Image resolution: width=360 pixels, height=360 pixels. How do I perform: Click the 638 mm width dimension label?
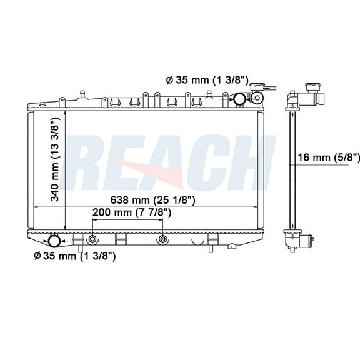(x=149, y=200)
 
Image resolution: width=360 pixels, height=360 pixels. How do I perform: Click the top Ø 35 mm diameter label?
(x=207, y=80)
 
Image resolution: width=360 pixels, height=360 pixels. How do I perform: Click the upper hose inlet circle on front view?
(x=239, y=99)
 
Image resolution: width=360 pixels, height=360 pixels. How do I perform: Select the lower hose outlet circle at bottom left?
(x=54, y=241)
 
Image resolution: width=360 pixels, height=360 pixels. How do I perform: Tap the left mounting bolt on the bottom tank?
(x=92, y=239)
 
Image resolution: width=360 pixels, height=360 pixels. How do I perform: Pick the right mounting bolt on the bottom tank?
(x=162, y=239)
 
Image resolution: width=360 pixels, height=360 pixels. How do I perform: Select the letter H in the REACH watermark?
(x=250, y=164)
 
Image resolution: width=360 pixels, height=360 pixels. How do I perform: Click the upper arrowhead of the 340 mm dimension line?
(x=65, y=114)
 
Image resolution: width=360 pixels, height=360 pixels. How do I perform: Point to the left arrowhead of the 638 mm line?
(x=36, y=207)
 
